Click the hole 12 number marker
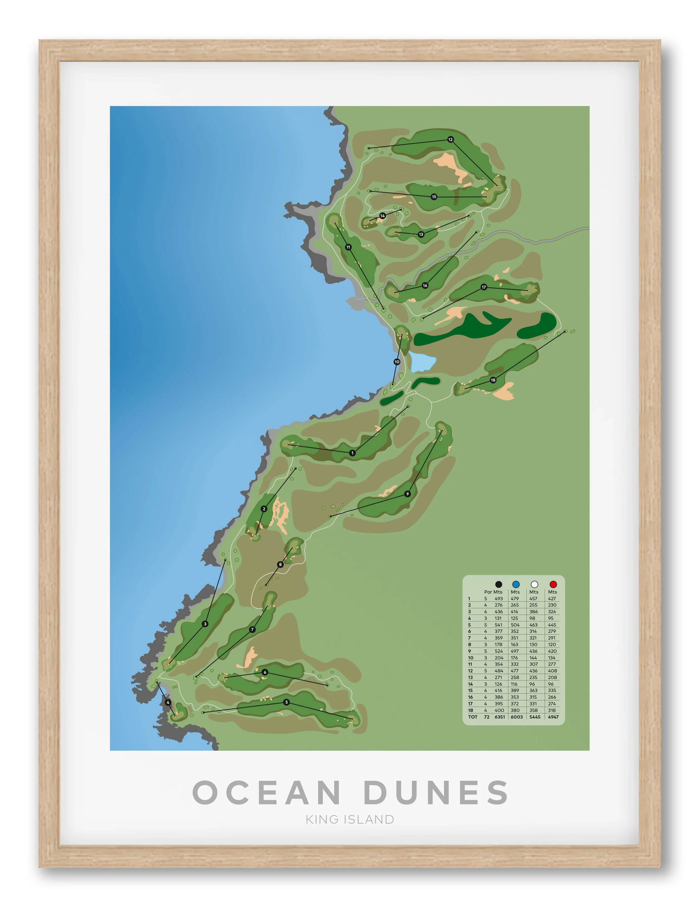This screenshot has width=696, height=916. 450,140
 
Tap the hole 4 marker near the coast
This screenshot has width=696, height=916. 168,702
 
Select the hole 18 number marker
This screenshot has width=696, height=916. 493,380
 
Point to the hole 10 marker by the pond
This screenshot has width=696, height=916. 397,362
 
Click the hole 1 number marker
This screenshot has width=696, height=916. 352,453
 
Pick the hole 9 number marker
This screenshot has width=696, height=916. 408,494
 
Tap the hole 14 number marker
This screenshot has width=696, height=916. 383,216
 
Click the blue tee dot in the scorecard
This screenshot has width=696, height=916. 516,584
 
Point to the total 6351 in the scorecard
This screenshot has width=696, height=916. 500,717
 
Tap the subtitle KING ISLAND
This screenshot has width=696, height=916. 350,819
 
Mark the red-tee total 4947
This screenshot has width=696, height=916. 553,717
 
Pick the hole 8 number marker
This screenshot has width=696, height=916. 280,564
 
